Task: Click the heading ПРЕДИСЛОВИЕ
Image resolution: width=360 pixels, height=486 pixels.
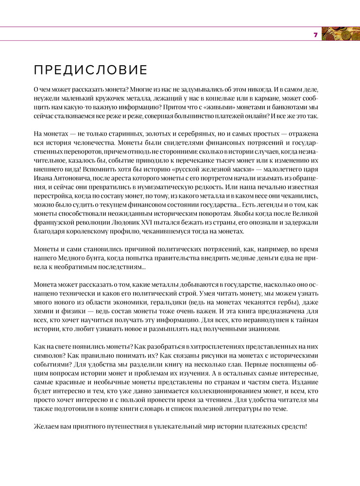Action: coord(91,70)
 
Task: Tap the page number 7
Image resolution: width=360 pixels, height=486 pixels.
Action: coord(315,35)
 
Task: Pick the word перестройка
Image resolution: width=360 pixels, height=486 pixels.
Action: coord(55,196)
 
